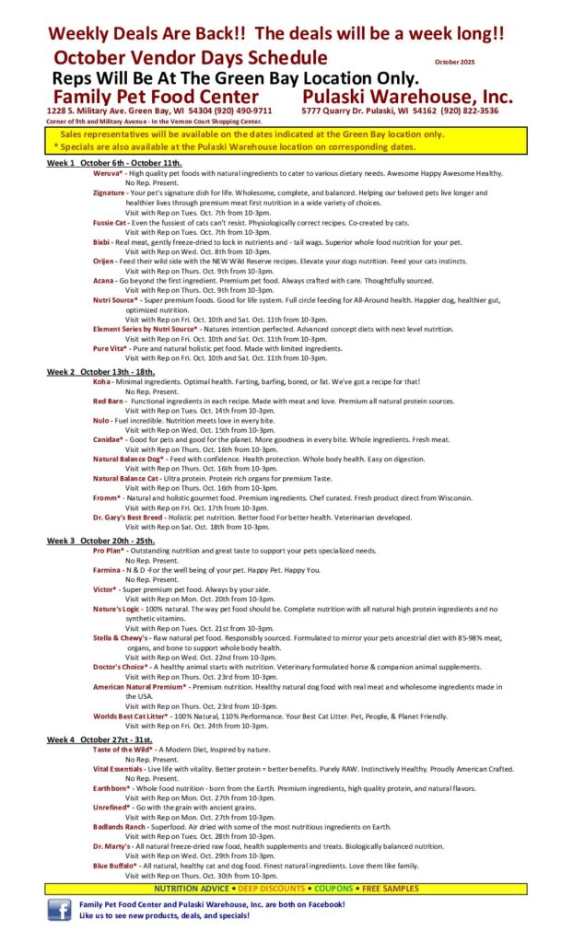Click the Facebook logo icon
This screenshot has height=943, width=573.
click(61, 910)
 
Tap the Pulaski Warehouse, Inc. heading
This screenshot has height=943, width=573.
click(407, 97)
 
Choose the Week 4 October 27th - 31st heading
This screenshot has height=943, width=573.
click(103, 739)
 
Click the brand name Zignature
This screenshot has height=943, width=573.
click(109, 193)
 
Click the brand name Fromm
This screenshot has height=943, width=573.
click(107, 497)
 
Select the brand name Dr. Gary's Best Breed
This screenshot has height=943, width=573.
click(127, 518)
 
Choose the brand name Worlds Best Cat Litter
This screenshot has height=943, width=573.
click(133, 716)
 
